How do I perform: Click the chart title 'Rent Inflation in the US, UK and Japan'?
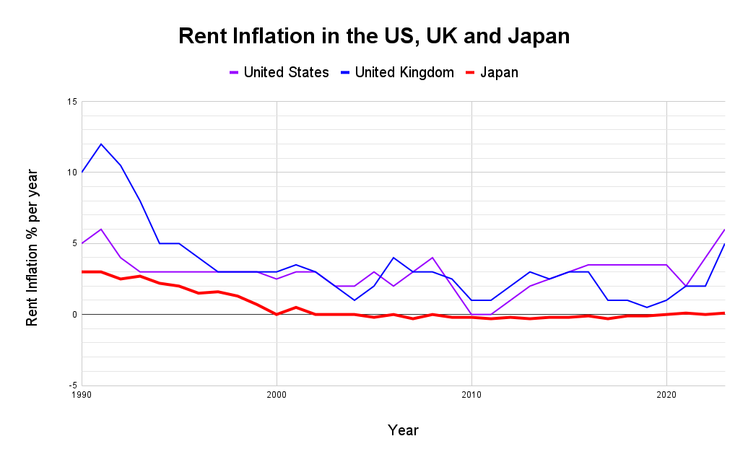pyautogui.click(x=374, y=36)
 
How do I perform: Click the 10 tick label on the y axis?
pyautogui.click(x=71, y=173)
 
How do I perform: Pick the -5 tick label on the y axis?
pyautogui.click(x=73, y=385)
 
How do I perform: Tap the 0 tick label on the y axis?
pyautogui.click(x=74, y=315)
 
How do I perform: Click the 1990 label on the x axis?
pyautogui.click(x=82, y=396)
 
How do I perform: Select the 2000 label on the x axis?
pyautogui.click(x=277, y=396)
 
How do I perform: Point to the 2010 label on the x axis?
pyautogui.click(x=471, y=396)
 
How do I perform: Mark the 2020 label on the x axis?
pyautogui.click(x=666, y=396)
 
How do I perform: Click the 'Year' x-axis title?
pyautogui.click(x=403, y=430)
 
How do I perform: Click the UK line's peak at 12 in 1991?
pyautogui.click(x=101, y=144)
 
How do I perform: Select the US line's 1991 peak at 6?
pyautogui.click(x=101, y=230)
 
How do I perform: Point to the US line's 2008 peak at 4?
pyautogui.click(x=432, y=258)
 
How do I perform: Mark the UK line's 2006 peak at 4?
pyautogui.click(x=393, y=258)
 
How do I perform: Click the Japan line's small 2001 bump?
pyautogui.click(x=296, y=308)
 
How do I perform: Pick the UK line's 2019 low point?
pyautogui.click(x=647, y=308)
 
